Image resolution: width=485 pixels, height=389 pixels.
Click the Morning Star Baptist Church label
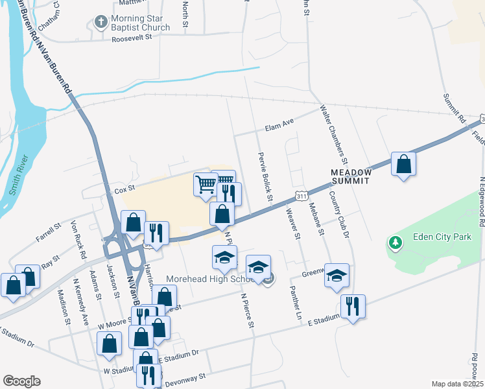(x=140, y=23)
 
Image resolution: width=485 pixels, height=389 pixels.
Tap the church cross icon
(x=101, y=23)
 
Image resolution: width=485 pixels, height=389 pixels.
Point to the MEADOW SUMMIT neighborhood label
(x=351, y=176)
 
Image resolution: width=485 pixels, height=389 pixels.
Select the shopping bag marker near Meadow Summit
(x=403, y=165)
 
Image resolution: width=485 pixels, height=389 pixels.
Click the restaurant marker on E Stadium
(x=353, y=306)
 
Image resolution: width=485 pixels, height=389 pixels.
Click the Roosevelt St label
(x=131, y=38)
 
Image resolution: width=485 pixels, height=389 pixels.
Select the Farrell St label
(x=49, y=233)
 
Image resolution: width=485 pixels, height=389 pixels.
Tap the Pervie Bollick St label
(x=266, y=176)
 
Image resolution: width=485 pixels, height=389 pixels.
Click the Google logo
(x=22, y=381)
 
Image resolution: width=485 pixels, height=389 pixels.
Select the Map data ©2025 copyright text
(x=457, y=384)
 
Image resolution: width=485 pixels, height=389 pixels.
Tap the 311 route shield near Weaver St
(x=300, y=195)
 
